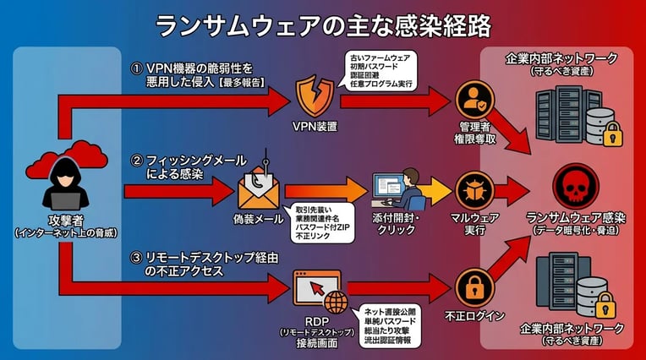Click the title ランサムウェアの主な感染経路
(x=323, y=25)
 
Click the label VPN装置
(x=315, y=128)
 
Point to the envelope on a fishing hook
(x=259, y=187)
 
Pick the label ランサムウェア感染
(x=575, y=218)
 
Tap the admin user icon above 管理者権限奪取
(x=474, y=99)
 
